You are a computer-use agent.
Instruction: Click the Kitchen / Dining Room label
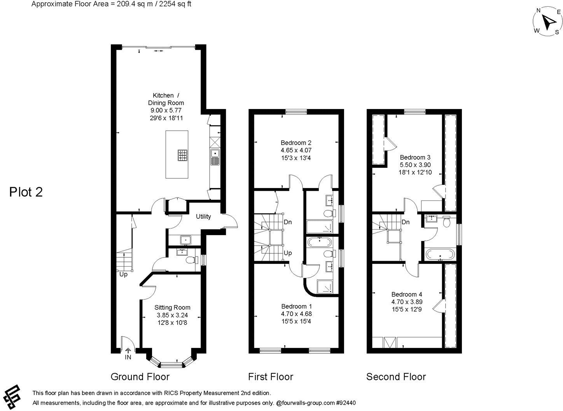[166, 99]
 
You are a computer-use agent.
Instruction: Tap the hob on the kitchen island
[183, 155]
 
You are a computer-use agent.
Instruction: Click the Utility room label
[203, 216]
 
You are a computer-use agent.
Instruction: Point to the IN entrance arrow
[128, 352]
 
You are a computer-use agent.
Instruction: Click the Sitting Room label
[172, 307]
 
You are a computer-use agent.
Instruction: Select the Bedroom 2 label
[296, 143]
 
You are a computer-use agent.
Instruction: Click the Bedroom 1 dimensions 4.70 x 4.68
[296, 314]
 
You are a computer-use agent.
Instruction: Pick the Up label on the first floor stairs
[288, 253]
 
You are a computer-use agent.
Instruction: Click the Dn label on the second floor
[406, 222]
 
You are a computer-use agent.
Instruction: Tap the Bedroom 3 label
[415, 158]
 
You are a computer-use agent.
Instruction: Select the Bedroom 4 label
[407, 295]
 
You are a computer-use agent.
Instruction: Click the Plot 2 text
[26, 192]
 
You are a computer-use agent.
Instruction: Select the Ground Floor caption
[140, 377]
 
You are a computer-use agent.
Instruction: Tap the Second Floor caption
[396, 377]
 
